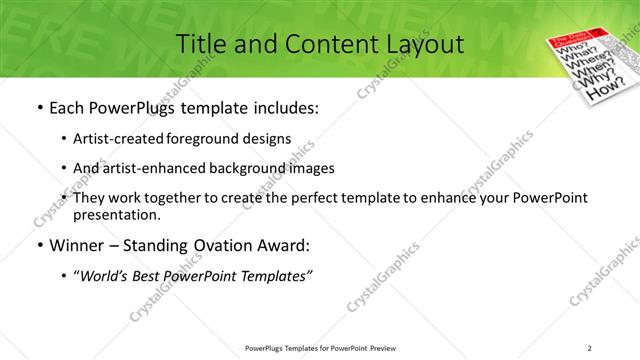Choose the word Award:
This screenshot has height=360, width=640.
point(285,245)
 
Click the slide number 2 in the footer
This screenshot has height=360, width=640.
point(590,348)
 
